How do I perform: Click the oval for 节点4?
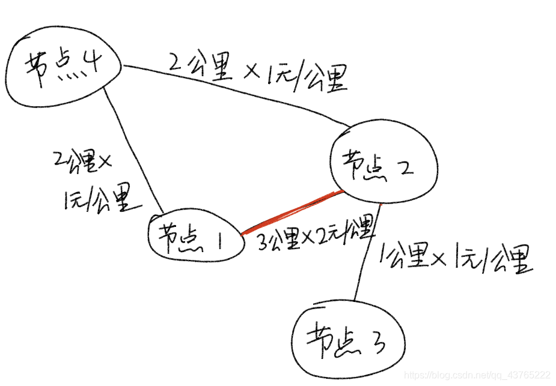(x=60, y=69)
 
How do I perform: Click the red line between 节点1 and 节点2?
(x=292, y=213)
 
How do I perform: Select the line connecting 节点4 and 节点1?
(x=135, y=150)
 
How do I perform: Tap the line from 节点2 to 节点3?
(x=368, y=252)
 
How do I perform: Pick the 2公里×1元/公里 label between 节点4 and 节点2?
(x=258, y=72)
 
